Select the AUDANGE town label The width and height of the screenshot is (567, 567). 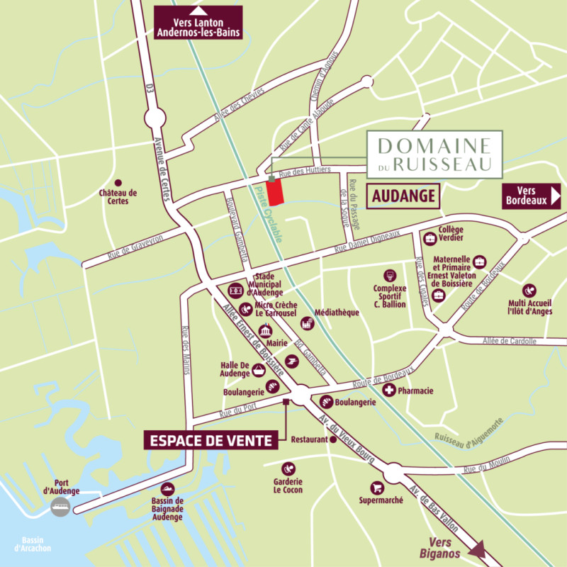point(403,196)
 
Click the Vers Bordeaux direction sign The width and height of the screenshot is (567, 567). point(531,195)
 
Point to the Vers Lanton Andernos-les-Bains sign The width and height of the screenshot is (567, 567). point(198,23)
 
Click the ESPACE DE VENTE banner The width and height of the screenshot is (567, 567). point(210,440)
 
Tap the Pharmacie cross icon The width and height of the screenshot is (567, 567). point(388,391)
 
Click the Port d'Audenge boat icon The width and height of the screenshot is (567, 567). point(60,507)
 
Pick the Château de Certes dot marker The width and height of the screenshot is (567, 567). point(118,183)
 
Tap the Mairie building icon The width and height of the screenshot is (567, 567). point(266,332)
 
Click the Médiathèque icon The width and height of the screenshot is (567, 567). point(307,323)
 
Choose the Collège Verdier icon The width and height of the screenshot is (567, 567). point(428,237)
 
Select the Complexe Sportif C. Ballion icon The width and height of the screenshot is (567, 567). point(389,275)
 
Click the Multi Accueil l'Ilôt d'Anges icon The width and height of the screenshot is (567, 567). point(529,290)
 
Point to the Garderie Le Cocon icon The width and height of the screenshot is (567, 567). point(288,468)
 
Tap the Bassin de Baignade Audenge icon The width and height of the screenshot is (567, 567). point(168,489)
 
